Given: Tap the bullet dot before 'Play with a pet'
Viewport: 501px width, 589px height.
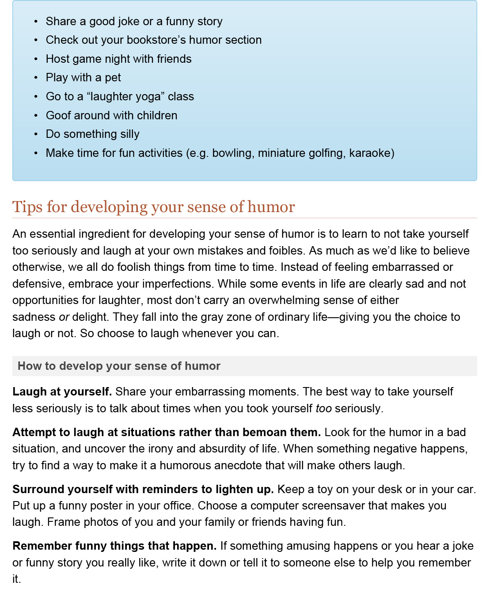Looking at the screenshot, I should pyautogui.click(x=36, y=78).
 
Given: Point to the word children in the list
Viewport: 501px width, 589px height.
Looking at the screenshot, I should pyautogui.click(x=157, y=115).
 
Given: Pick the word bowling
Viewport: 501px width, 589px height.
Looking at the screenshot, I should pyautogui.click(x=233, y=153).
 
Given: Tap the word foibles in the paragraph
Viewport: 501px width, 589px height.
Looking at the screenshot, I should pyautogui.click(x=287, y=251).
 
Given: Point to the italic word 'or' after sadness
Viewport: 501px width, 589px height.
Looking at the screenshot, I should pyautogui.click(x=64, y=317).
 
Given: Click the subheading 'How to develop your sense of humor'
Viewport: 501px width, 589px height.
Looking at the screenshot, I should pyautogui.click(x=119, y=366).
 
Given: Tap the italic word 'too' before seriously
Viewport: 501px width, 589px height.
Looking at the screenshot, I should pyautogui.click(x=323, y=408).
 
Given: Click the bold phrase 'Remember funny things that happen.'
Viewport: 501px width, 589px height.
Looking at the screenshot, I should pyautogui.click(x=114, y=546).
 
